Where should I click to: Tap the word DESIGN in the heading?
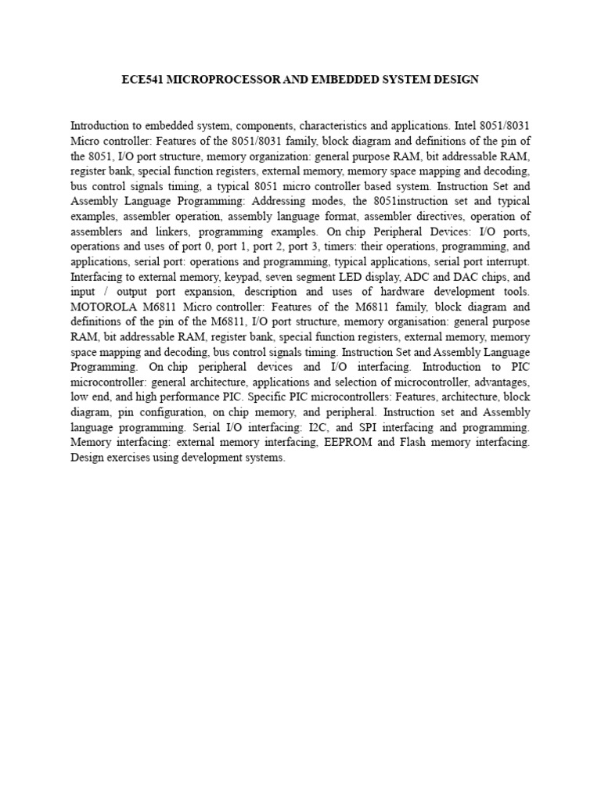coord(454,80)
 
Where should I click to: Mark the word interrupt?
coord(507,260)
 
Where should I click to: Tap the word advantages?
coord(501,382)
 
